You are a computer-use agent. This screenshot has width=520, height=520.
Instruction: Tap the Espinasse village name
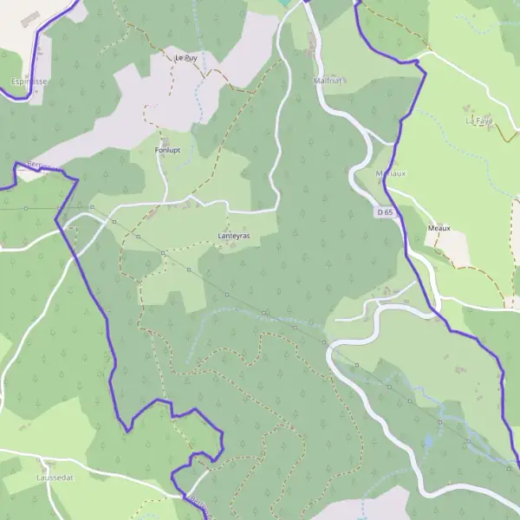tap(29, 81)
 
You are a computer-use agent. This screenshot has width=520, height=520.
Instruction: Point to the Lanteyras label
tap(233, 235)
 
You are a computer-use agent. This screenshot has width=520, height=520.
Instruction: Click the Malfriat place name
tap(328, 81)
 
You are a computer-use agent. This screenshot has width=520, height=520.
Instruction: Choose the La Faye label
tap(478, 120)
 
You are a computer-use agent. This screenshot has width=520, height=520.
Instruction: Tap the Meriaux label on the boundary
tap(391, 173)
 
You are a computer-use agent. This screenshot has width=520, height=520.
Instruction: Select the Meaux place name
tap(439, 229)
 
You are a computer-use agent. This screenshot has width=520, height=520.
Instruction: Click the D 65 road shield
tap(386, 211)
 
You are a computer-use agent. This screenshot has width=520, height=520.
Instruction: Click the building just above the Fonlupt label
tap(165, 138)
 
